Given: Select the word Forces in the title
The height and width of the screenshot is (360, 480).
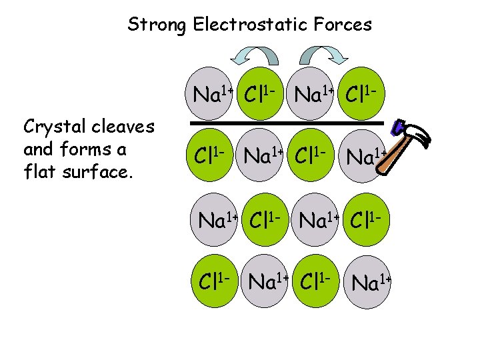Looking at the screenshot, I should [345, 25].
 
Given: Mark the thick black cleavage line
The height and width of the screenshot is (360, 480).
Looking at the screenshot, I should [287, 123].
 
